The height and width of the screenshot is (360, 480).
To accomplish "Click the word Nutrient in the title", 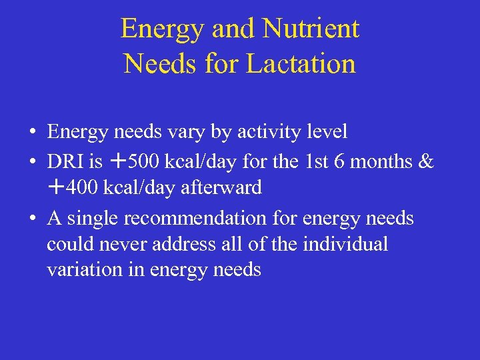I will [311, 29].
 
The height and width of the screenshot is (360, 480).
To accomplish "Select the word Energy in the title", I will [161, 29].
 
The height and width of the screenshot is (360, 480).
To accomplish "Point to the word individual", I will [345, 244].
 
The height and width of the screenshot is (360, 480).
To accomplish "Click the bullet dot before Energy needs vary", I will [33, 133].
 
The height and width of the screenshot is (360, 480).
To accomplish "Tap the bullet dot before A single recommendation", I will [33, 219].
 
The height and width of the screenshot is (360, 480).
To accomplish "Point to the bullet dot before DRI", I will [33, 161].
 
